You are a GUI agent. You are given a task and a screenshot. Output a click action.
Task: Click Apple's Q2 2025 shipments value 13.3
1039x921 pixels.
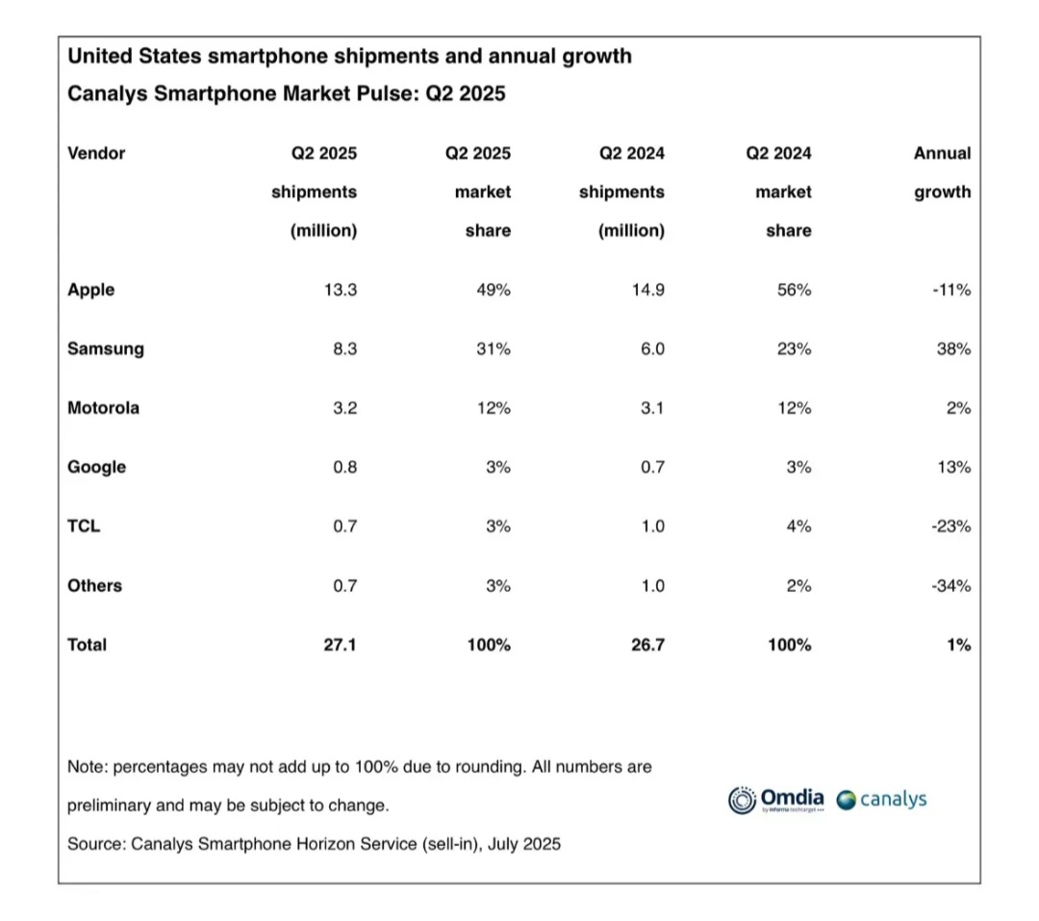[340, 290]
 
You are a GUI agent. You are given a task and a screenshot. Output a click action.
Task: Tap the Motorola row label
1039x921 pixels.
[103, 408]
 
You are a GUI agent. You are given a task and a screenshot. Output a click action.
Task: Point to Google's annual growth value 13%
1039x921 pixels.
[955, 468]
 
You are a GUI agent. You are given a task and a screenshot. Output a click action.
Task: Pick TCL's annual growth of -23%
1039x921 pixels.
[951, 526]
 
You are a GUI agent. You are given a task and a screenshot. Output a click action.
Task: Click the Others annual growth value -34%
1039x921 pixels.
[951, 586]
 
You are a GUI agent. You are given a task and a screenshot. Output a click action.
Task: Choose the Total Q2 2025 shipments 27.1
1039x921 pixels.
[340, 645]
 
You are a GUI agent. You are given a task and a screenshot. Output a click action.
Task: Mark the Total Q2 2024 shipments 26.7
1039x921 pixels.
[646, 645]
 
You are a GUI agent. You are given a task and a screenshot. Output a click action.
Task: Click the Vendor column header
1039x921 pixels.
[96, 153]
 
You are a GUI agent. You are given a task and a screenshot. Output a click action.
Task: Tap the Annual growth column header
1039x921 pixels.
[942, 172]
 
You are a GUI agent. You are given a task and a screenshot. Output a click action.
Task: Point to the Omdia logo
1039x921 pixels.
[776, 800]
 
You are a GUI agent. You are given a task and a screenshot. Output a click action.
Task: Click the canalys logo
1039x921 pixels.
[881, 800]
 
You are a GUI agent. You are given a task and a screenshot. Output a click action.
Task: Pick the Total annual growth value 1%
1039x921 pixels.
[958, 645]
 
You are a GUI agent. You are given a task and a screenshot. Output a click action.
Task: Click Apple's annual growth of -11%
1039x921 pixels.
[951, 290]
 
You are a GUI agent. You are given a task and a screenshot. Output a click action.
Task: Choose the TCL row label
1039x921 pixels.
[84, 526]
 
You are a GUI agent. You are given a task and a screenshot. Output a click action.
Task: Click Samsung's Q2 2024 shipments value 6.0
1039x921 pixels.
[652, 349]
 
